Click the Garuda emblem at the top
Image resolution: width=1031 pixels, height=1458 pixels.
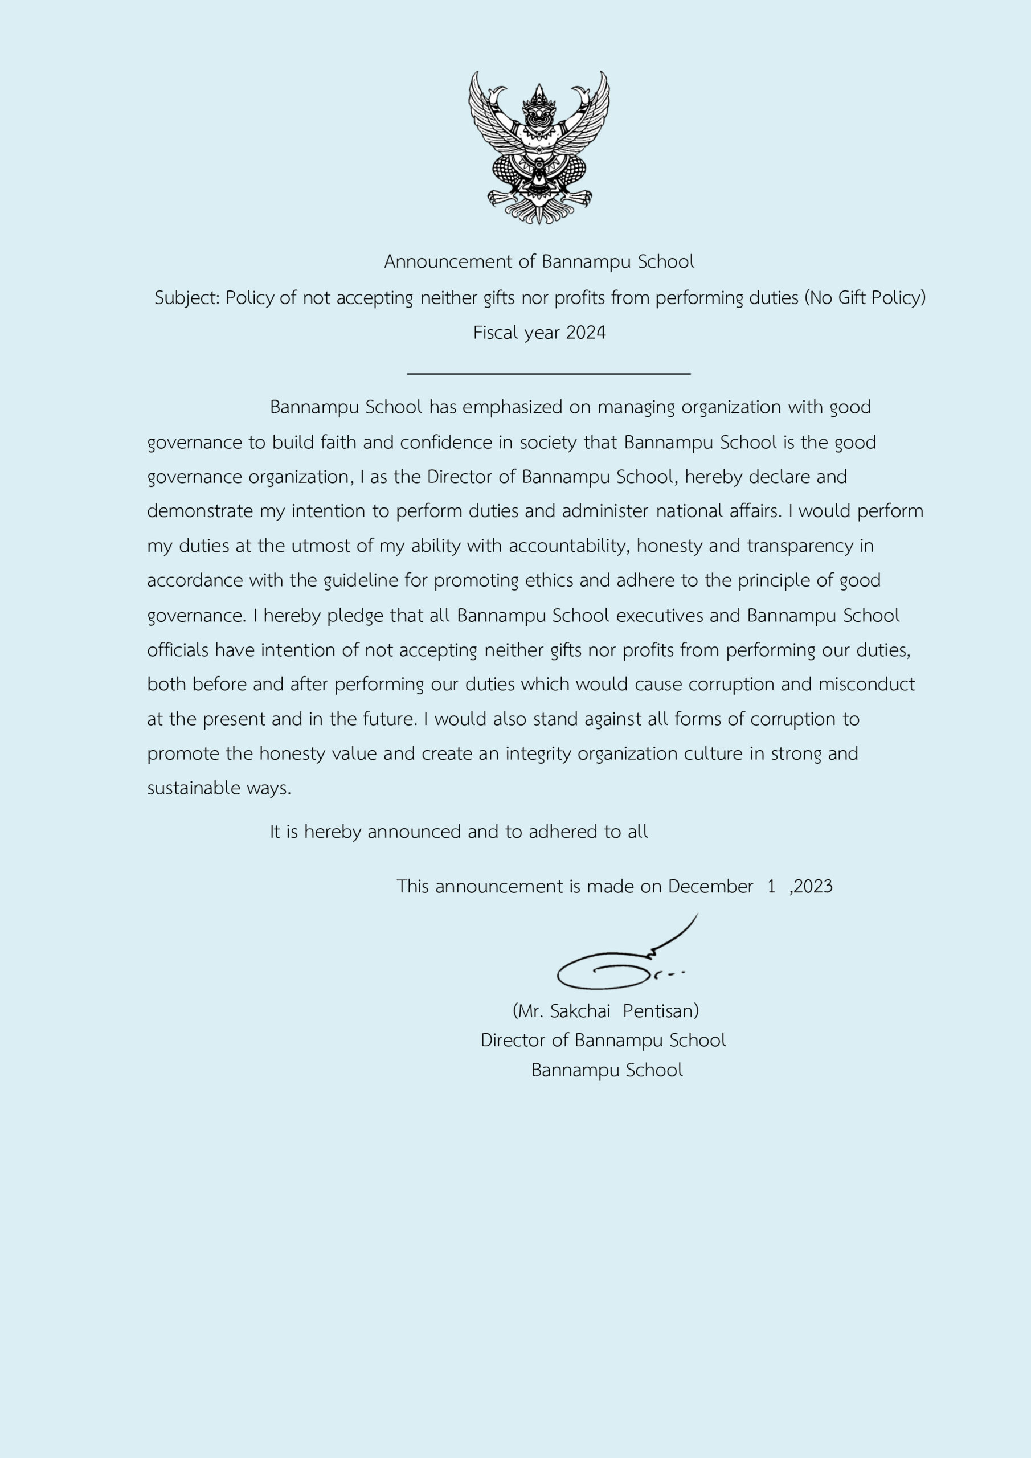tap(539, 148)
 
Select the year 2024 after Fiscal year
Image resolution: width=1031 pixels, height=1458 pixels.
tap(586, 333)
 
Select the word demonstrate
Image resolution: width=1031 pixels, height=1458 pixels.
tap(199, 511)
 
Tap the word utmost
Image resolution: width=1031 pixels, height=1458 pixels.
tap(316, 546)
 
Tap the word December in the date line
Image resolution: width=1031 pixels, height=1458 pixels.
tap(710, 887)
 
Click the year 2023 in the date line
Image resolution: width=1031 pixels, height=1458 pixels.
tap(813, 887)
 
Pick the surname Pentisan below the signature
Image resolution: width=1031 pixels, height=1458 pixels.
tap(661, 1010)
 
